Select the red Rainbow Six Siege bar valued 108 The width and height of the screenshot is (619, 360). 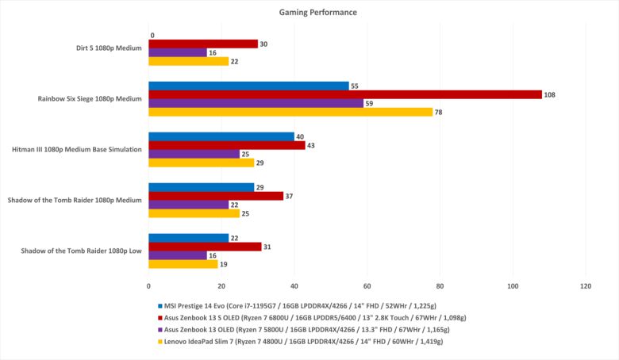(x=345, y=94)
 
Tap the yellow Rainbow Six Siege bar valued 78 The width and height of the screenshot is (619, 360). (x=290, y=112)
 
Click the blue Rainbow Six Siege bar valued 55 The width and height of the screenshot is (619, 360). (x=249, y=86)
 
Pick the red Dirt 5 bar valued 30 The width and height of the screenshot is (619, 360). (x=203, y=44)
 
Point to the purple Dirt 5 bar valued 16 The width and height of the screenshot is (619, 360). (x=178, y=52)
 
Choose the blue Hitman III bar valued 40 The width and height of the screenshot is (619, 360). (x=221, y=136)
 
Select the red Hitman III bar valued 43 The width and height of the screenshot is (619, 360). (x=227, y=145)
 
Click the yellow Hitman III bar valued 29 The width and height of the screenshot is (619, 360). (x=202, y=163)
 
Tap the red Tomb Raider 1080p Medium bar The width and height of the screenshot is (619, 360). (x=216, y=196)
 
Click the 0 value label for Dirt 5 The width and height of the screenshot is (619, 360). (x=152, y=35)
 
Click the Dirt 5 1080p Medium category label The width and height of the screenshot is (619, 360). (x=104, y=48)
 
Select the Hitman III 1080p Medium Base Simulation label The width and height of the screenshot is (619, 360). (x=77, y=150)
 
